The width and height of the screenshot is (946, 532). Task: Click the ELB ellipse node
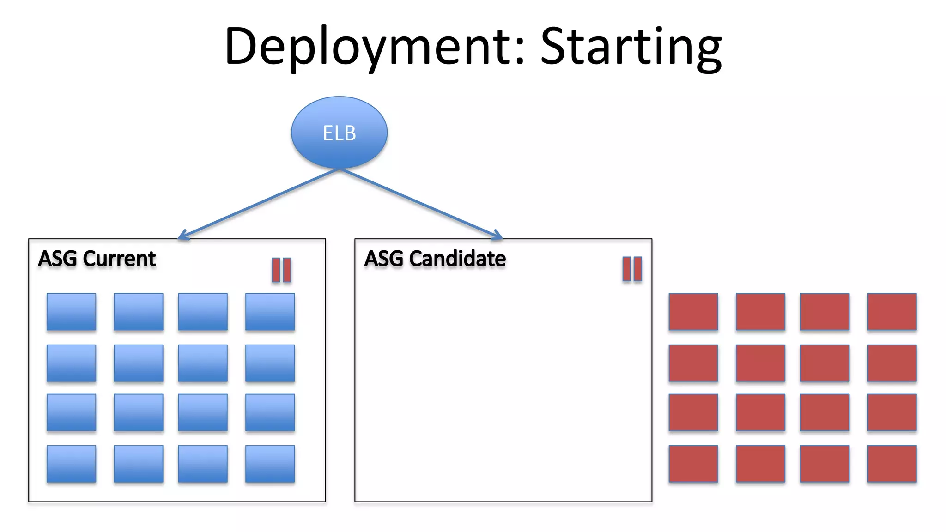click(339, 133)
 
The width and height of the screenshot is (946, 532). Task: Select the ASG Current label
click(97, 259)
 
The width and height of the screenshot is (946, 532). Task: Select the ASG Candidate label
click(435, 259)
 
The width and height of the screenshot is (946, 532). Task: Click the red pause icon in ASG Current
click(281, 270)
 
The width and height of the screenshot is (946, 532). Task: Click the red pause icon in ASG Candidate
click(632, 269)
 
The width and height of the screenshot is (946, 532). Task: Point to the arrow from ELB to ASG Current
click(259, 205)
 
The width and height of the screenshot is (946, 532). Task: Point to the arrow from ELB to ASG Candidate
click(420, 204)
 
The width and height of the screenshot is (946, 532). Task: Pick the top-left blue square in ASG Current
click(71, 312)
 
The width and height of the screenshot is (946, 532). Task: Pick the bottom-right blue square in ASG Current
click(270, 464)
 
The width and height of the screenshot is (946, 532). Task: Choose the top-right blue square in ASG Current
click(270, 312)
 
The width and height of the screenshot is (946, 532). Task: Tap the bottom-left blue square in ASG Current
click(71, 464)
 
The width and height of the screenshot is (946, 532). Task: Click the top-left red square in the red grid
click(693, 312)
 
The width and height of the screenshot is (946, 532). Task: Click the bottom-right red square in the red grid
click(891, 464)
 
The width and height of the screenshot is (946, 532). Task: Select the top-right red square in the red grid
click(891, 312)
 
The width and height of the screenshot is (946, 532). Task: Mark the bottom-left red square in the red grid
click(693, 464)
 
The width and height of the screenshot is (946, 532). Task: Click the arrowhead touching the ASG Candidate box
click(497, 236)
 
